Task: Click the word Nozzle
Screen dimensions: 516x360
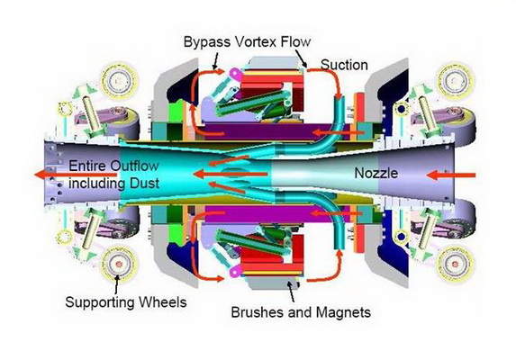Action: click(x=376, y=173)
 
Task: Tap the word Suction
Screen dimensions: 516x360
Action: click(x=344, y=65)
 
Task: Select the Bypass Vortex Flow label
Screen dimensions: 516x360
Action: click(x=247, y=42)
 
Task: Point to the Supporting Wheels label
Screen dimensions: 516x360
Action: click(x=126, y=301)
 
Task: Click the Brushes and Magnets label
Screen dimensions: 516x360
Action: click(x=301, y=311)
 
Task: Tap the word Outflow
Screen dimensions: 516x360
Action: click(x=134, y=166)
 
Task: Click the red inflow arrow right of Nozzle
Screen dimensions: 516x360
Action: click(x=450, y=175)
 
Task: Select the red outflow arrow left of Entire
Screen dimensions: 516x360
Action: click(x=51, y=175)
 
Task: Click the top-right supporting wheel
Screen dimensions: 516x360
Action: click(x=456, y=80)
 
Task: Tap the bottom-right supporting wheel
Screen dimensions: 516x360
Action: click(x=456, y=264)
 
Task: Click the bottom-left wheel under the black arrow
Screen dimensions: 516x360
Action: click(x=119, y=264)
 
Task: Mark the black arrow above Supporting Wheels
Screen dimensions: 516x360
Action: click(x=116, y=283)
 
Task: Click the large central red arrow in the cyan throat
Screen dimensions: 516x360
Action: click(x=231, y=175)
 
